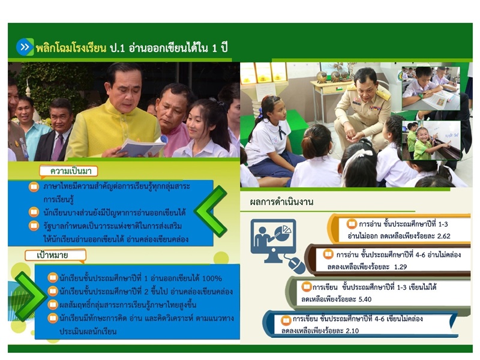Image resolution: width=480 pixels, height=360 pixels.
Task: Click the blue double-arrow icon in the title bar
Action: tap(25, 47)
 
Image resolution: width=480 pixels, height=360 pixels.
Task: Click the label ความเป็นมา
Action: tap(71, 171)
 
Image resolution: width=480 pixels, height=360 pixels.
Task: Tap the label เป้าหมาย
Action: tap(52, 255)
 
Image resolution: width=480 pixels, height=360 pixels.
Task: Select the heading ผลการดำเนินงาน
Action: tap(281, 202)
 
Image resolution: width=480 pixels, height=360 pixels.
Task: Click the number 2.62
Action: tap(441, 236)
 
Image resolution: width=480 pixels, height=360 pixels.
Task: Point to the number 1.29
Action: tap(400, 267)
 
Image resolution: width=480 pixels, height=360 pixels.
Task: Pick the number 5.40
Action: tap(364, 299)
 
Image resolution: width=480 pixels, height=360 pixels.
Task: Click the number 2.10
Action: tap(352, 331)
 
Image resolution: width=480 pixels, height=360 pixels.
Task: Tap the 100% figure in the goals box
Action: tap(212, 278)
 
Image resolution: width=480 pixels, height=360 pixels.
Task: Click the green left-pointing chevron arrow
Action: tap(211, 211)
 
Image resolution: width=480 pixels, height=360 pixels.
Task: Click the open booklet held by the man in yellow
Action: tap(141, 147)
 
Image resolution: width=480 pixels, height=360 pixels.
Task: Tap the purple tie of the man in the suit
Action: tap(57, 148)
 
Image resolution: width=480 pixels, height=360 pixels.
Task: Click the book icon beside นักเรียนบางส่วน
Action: tap(34, 212)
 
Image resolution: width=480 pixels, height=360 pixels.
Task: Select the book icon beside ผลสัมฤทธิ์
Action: tap(53, 305)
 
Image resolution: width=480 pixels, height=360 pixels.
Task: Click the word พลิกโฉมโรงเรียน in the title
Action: tap(71, 48)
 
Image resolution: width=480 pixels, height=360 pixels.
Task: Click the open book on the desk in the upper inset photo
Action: tap(440, 100)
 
